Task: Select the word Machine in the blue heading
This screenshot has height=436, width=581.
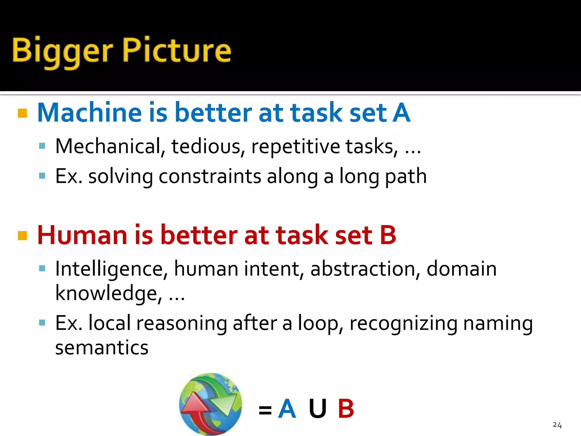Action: click(89, 113)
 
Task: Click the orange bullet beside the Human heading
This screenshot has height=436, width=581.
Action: click(22, 236)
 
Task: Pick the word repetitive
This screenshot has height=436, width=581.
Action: click(296, 146)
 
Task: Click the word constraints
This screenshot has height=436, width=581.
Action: click(210, 176)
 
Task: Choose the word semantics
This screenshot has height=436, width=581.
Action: click(102, 347)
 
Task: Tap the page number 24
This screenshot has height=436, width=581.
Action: click(557, 425)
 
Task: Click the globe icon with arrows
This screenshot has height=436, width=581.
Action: click(210, 404)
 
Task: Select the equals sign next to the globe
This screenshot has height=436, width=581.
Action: click(265, 410)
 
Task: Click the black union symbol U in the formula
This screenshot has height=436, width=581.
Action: click(317, 409)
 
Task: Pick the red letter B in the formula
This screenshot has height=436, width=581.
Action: click(346, 409)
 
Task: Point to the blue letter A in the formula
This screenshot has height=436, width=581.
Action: click(287, 409)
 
